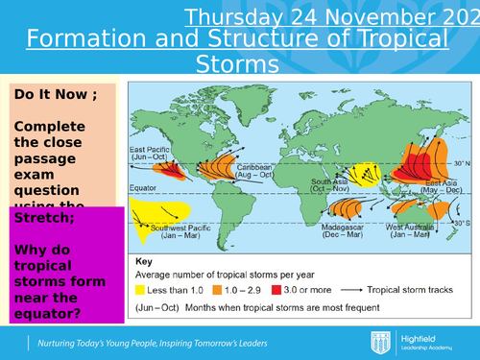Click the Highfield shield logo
pos(380,343)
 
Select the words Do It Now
pos(49,96)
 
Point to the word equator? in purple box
pos(46,310)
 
